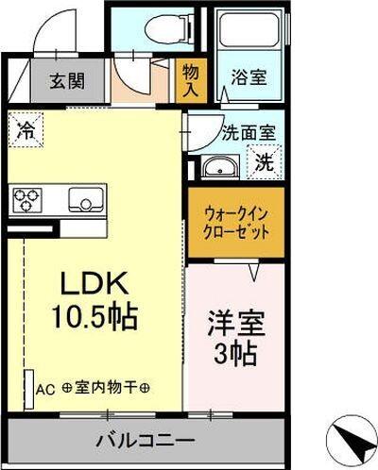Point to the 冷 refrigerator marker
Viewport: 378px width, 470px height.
tap(26, 129)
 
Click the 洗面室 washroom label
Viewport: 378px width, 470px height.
tap(249, 134)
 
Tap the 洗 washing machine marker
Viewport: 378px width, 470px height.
tap(267, 161)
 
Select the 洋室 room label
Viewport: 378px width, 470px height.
tap(234, 322)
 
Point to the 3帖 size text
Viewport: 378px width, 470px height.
tap(234, 356)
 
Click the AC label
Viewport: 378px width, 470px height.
tap(46, 388)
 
